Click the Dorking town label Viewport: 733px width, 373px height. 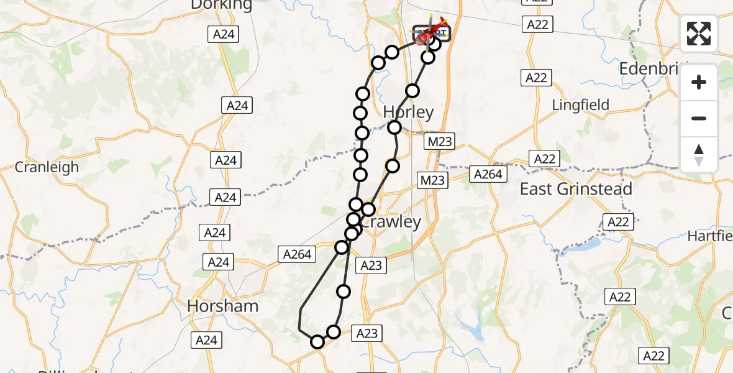tap(222, 5)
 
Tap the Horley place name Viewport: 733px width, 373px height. tap(408, 112)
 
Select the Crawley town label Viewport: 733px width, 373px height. tap(391, 222)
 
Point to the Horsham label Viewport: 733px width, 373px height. tap(222, 306)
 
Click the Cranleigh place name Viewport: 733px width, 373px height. tap(47, 167)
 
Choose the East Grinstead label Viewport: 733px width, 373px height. tap(576, 189)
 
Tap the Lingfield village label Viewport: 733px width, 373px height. tap(581, 106)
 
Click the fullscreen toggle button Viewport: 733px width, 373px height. tap(699, 34)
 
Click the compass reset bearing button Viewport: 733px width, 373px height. tap(699, 155)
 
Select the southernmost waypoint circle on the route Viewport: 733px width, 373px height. tap(317, 342)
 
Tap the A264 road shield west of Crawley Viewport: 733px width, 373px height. tap(298, 254)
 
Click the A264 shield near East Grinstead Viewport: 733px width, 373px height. tap(488, 174)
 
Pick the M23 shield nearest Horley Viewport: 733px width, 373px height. tap(440, 142)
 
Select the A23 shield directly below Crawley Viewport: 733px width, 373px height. tap(371, 265)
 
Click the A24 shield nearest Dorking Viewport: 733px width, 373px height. tap(223, 34)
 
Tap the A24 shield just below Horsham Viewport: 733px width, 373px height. tap(206, 340)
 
